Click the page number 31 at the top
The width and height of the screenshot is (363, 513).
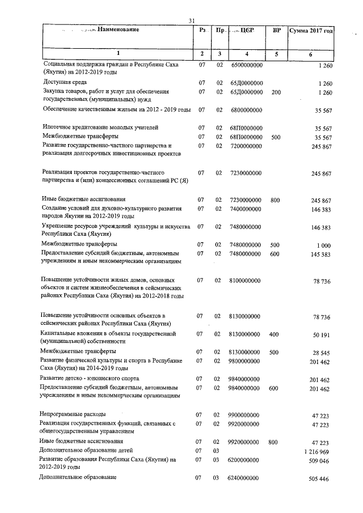[191, 22]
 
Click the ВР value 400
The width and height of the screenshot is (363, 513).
[276, 335]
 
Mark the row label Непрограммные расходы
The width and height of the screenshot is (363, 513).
[73, 414]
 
